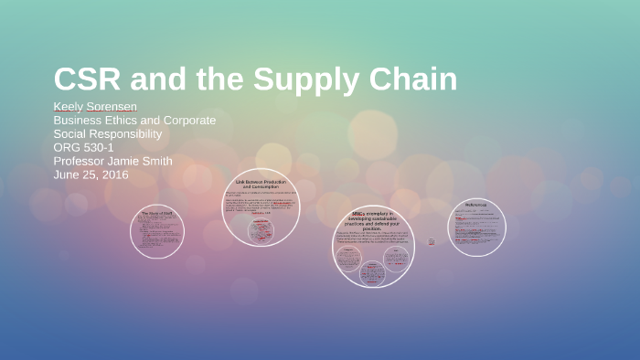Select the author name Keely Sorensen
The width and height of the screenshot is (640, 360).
pyautogui.click(x=95, y=107)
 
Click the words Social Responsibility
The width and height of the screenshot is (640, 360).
pyautogui.click(x=108, y=134)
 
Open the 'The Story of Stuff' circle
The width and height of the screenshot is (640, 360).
pyautogui.click(x=157, y=231)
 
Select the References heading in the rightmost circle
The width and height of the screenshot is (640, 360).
pyautogui.click(x=476, y=205)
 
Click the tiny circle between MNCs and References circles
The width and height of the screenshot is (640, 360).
pyautogui.click(x=432, y=241)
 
